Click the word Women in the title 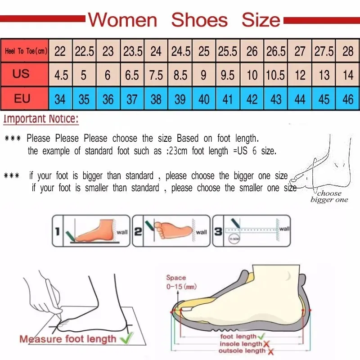click(x=122, y=20)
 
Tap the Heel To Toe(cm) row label click(x=25, y=51)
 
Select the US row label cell click(x=21, y=74)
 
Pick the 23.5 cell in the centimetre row click(x=133, y=51)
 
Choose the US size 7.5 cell click(x=156, y=75)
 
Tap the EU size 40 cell click(x=204, y=99)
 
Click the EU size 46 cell click(x=348, y=99)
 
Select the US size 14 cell click(x=348, y=75)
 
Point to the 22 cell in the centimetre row click(x=60, y=51)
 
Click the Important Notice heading click(x=41, y=119)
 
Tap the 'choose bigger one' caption click(x=329, y=197)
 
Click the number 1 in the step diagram click(x=57, y=232)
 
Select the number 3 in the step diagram click(x=218, y=232)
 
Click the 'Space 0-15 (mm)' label click(x=176, y=282)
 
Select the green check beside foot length click(x=260, y=336)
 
